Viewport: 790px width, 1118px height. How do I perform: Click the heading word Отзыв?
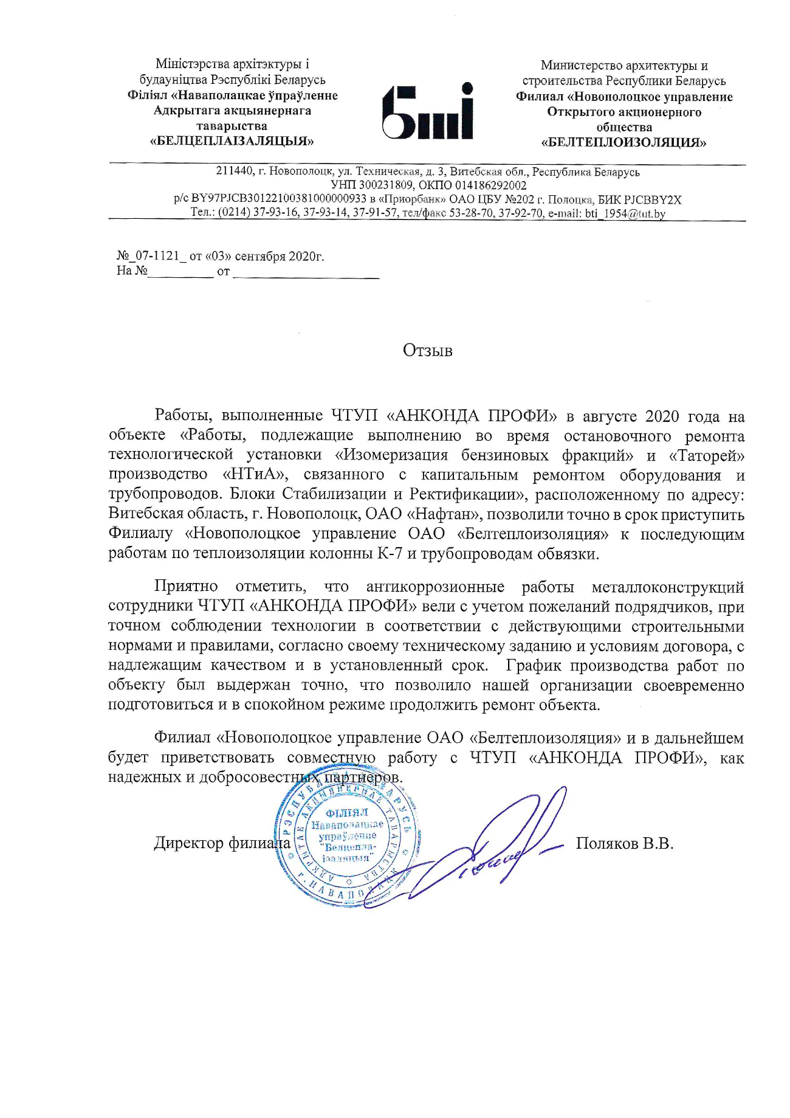coord(427,351)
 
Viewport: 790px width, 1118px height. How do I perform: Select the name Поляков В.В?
coord(624,844)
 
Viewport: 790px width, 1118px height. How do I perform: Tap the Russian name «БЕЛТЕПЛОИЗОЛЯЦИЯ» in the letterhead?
coord(624,143)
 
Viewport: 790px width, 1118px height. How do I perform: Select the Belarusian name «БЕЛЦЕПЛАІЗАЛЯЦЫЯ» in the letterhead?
coord(232,142)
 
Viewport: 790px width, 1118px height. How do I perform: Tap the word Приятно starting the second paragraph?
coord(186,587)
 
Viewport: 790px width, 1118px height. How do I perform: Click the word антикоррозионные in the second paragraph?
coord(435,587)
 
